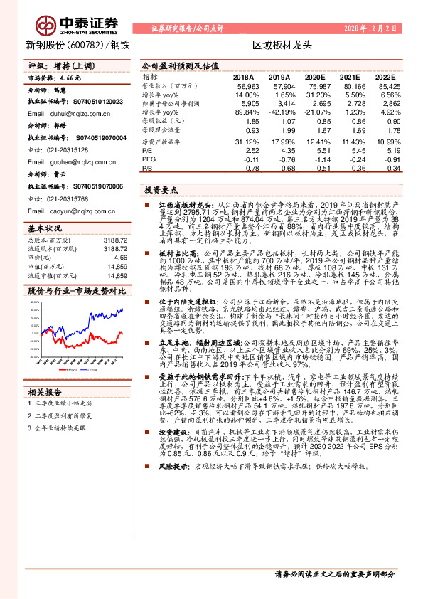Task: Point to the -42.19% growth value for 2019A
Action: (278, 112)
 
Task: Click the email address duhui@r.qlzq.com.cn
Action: (65, 114)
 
